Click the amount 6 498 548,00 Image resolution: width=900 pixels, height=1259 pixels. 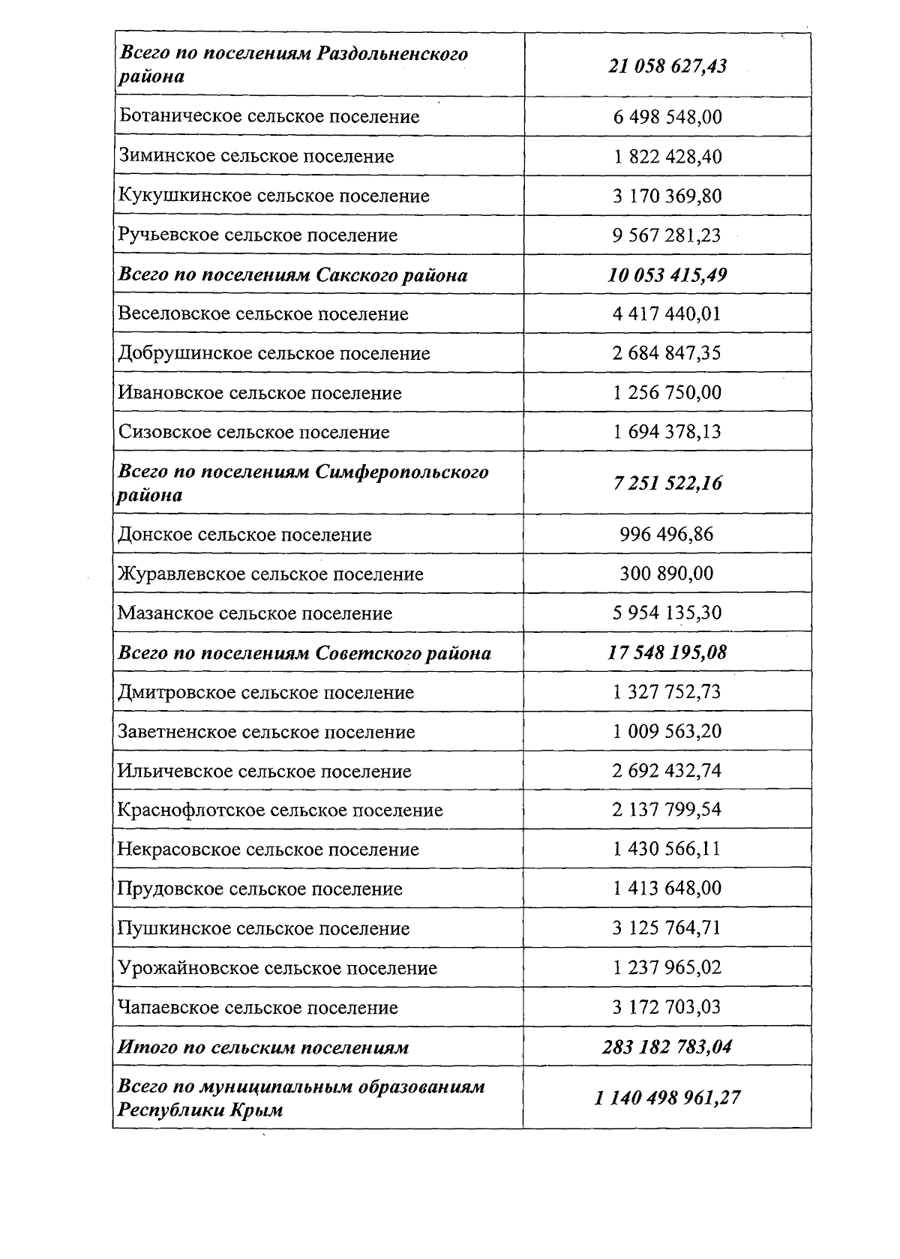tap(667, 117)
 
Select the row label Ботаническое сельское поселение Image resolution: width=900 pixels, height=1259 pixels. tap(268, 117)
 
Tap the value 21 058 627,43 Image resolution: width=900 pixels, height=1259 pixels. tap(667, 66)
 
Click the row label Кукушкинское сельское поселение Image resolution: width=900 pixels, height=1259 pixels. tap(274, 196)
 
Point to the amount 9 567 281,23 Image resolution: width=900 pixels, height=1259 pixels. tap(667, 235)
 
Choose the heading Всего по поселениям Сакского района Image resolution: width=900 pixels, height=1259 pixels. tap(292, 275)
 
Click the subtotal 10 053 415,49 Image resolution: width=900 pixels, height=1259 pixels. tap(667, 275)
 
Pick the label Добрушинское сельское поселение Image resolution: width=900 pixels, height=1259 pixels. tap(274, 353)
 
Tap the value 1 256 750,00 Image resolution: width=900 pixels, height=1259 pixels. tap(667, 393)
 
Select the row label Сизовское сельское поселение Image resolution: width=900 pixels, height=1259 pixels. tap(253, 432)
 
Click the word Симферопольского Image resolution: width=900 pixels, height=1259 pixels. tap(402, 472)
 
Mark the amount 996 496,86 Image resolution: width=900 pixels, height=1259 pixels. tap(667, 535)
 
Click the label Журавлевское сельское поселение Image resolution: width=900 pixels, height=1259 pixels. tap(270, 574)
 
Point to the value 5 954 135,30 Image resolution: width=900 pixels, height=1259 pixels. tap(667, 613)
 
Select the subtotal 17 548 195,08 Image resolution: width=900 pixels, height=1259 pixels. tap(667, 652)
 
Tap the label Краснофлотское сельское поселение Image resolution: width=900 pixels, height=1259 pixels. tap(280, 811)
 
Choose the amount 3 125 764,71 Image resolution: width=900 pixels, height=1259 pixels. tap(667, 928)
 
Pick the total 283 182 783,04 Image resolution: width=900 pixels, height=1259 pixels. tap(667, 1047)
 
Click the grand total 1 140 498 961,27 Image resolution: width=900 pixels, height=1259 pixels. tap(667, 1098)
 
